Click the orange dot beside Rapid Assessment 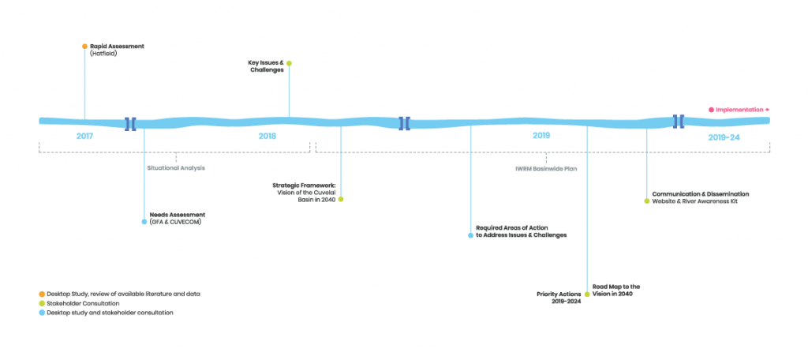pyautogui.click(x=84, y=47)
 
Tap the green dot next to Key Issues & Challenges pyautogui.click(x=289, y=63)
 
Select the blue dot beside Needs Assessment pyautogui.click(x=144, y=222)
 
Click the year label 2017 pyautogui.click(x=84, y=137)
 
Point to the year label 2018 pyautogui.click(x=267, y=137)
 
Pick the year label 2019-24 pyautogui.click(x=724, y=137)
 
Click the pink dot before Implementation pyautogui.click(x=711, y=110)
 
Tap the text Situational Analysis pyautogui.click(x=176, y=168)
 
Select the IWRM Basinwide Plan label pyautogui.click(x=545, y=168)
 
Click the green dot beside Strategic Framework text pyautogui.click(x=340, y=199)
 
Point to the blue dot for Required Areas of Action pyautogui.click(x=470, y=235)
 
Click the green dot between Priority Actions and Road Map pyautogui.click(x=587, y=294)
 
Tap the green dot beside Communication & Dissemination pyautogui.click(x=647, y=201)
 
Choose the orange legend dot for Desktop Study pyautogui.click(x=42, y=294)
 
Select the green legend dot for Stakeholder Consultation pyautogui.click(x=42, y=303)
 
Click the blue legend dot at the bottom pyautogui.click(x=42, y=313)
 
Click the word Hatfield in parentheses pyautogui.click(x=104, y=53)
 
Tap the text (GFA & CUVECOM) pyautogui.click(x=175, y=222)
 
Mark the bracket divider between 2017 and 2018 pyautogui.click(x=130, y=124)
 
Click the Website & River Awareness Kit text pyautogui.click(x=694, y=201)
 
